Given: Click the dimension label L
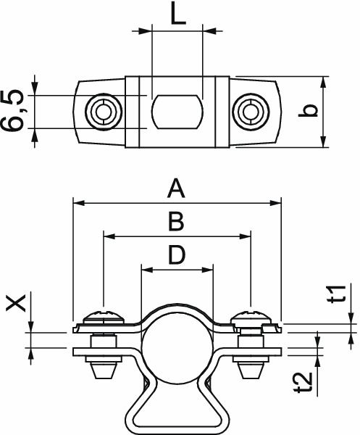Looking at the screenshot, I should click(177, 14).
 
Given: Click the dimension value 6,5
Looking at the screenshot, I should click(14, 111).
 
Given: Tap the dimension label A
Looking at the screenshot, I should click(176, 190).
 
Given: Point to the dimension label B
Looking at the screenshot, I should click(176, 222).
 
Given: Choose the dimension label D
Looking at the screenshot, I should click(176, 254).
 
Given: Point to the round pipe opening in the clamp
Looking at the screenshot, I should click(176, 347).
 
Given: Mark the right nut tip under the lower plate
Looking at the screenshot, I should click(250, 370).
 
